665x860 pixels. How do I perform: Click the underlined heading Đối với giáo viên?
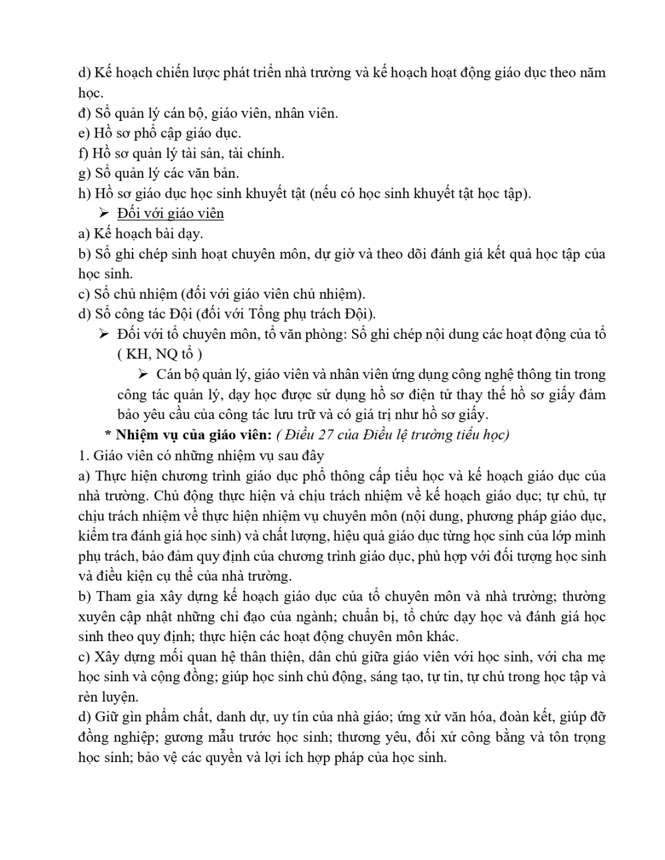point(170,214)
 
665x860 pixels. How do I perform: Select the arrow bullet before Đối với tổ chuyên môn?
point(104,334)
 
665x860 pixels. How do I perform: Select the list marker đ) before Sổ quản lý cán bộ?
point(85,113)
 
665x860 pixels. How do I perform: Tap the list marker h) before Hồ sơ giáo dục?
point(84,194)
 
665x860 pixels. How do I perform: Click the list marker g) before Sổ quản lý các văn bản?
point(84,174)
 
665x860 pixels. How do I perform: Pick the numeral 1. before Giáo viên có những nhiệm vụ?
point(83,456)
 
